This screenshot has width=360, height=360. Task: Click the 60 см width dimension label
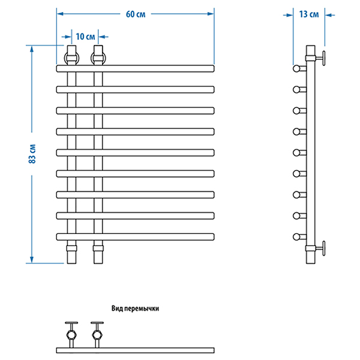pos(136,14)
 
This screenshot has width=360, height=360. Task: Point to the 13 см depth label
pos(308,14)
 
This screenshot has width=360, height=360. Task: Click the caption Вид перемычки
pos(136,308)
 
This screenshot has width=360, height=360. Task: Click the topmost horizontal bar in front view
pos(135,68)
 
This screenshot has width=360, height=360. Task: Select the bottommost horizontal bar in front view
pos(135,236)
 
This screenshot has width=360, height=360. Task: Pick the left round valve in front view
pos(72,58)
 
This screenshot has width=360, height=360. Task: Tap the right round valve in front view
pos(98,58)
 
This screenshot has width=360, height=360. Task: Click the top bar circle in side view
pos(296,68)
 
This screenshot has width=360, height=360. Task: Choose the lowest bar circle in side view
pos(296,236)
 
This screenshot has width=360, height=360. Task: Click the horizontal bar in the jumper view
pos(135,350)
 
